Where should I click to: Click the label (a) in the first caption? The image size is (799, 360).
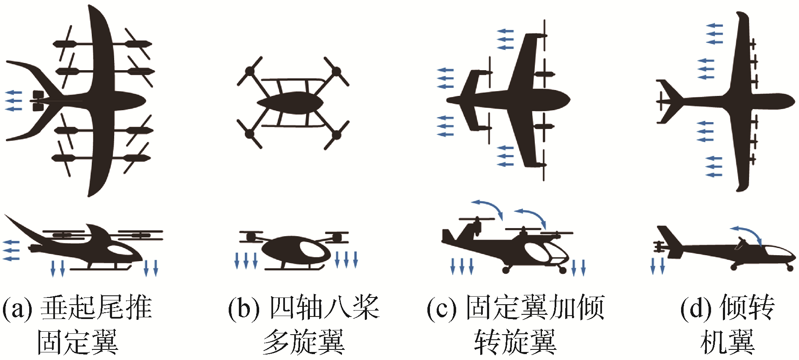coord(17,308)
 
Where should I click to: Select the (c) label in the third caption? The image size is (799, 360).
coord(442,308)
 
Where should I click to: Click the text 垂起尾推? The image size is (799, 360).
coord(96,308)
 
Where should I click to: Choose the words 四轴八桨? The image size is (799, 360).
coord(325,308)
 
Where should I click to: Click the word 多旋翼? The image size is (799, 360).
coord(304,342)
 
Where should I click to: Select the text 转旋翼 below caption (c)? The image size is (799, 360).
coord(515,342)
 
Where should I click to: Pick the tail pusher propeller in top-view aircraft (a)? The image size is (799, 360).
coord(37,101)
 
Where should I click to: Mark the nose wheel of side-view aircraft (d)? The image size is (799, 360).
coord(789,267)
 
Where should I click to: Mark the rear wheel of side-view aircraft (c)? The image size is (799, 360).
coord(506,270)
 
